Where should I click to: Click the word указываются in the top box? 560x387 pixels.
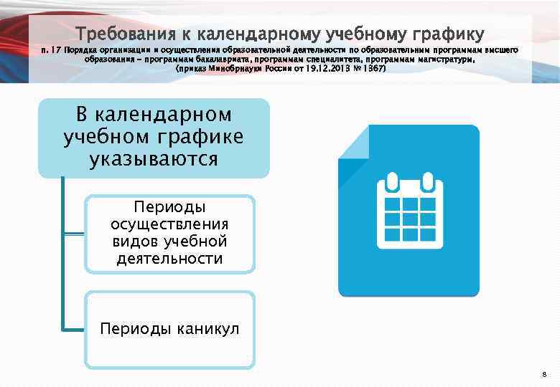(154, 158)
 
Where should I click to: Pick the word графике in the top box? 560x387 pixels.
(201, 136)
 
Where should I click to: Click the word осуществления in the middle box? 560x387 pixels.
(169, 224)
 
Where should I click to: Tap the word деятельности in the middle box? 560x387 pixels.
(169, 258)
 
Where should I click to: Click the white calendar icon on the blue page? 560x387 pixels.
(409, 210)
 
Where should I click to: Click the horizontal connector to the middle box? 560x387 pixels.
(74, 234)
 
